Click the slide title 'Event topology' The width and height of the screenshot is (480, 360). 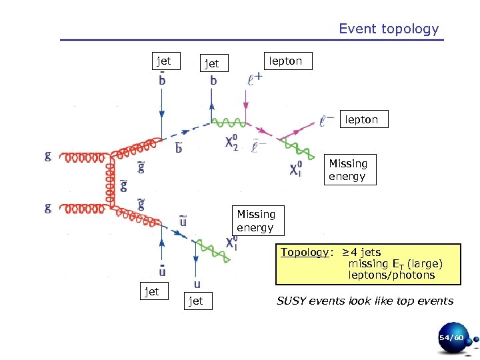pyautogui.click(x=389, y=29)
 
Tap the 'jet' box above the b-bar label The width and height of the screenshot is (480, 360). pyautogui.click(x=163, y=61)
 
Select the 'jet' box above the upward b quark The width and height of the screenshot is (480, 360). pyautogui.click(x=211, y=64)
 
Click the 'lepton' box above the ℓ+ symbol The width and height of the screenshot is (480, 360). pyautogui.click(x=285, y=61)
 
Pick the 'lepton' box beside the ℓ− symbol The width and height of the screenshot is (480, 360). pyautogui.click(x=361, y=120)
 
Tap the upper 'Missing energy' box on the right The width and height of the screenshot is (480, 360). pyautogui.click(x=347, y=170)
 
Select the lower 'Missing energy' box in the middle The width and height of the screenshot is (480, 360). pyautogui.click(x=256, y=221)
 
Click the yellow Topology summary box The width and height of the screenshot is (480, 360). pyautogui.click(x=369, y=263)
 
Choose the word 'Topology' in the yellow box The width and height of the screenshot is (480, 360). pyautogui.click(x=304, y=253)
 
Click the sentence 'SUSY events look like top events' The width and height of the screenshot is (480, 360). pyautogui.click(x=365, y=301)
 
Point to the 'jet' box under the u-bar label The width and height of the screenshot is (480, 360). pyautogui.click(x=152, y=291)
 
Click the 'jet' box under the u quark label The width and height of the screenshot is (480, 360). pyautogui.click(x=196, y=301)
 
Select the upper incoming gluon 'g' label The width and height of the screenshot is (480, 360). pyautogui.click(x=48, y=156)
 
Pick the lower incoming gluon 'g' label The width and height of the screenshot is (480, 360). pyautogui.click(x=48, y=208)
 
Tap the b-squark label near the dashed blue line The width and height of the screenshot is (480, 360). pyautogui.click(x=179, y=147)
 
